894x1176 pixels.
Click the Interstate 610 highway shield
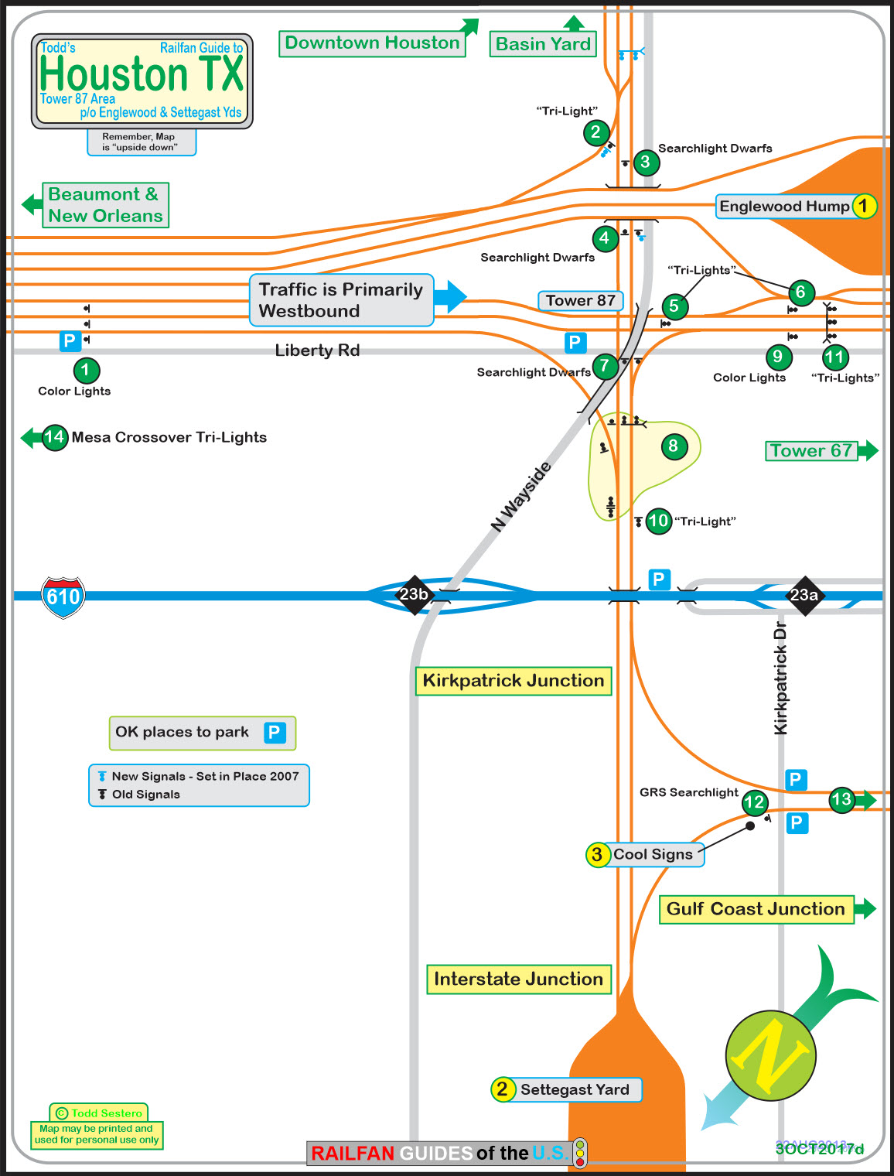pos(63,597)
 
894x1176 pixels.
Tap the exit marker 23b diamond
pos(414,594)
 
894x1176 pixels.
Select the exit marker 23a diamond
pos(804,595)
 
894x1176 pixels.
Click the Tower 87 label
pos(580,300)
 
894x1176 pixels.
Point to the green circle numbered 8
pos(674,446)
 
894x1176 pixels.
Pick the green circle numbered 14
pos(54,437)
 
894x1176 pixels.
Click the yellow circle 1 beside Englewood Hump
pos(864,206)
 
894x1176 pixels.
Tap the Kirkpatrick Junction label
pos(514,681)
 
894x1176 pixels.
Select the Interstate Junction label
pos(518,979)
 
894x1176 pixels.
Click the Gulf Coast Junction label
pos(756,909)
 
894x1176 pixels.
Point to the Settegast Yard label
pos(575,1089)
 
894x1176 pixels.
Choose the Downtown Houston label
pos(372,43)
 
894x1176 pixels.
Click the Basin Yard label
pos(543,44)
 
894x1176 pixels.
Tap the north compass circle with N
pos(770,1055)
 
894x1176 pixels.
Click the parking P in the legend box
pos(275,732)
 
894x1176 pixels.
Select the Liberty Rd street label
pos(317,350)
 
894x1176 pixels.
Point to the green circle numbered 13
pos(841,799)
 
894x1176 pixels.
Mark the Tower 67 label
pos(810,450)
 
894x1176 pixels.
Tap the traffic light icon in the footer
pos(579,1153)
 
